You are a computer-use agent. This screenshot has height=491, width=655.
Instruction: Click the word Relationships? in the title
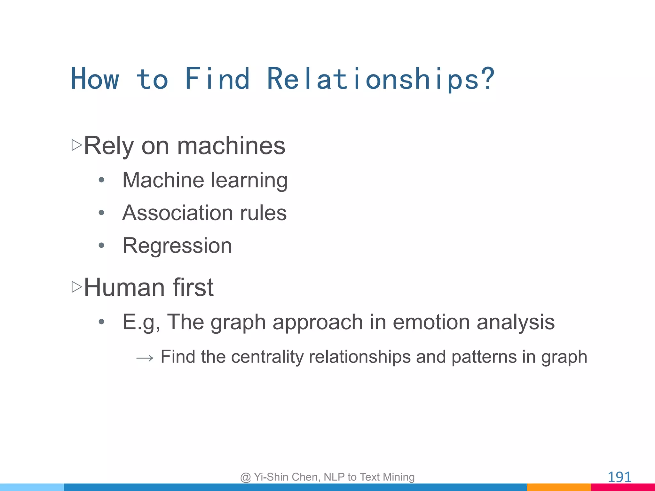(380, 79)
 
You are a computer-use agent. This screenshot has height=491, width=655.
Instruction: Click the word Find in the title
(217, 79)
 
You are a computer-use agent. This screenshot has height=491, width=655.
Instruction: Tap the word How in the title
(95, 79)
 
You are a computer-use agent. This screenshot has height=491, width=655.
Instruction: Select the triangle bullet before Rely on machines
(77, 145)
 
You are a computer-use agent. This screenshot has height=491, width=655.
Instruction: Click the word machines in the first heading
(231, 146)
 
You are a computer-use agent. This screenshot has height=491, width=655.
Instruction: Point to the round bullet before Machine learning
(101, 180)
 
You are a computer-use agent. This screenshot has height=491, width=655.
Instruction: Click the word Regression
(177, 246)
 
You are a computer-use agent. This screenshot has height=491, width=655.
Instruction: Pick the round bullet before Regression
(101, 245)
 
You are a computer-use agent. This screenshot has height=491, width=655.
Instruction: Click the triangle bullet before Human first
(77, 287)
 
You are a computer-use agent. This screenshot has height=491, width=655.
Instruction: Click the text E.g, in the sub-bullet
(141, 322)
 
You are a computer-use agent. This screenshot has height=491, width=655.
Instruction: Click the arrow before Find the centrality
(145, 358)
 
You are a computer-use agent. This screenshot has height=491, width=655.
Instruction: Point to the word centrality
(267, 357)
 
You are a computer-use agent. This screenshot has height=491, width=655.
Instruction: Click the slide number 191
(619, 477)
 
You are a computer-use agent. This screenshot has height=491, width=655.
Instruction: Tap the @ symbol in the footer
(245, 477)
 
